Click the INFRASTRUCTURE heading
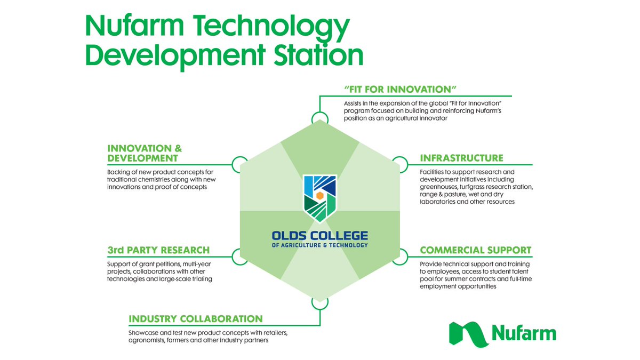point(461,158)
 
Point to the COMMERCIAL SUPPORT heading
point(475,250)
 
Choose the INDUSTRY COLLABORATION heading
point(196,319)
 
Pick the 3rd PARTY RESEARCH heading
point(158,250)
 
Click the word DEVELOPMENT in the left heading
point(142,158)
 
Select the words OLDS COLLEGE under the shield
point(320,235)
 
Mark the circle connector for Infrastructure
point(400,164)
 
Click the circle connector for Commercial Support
point(400,257)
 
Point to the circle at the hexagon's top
point(320,118)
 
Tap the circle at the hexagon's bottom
point(320,302)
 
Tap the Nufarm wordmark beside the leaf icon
point(523,333)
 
